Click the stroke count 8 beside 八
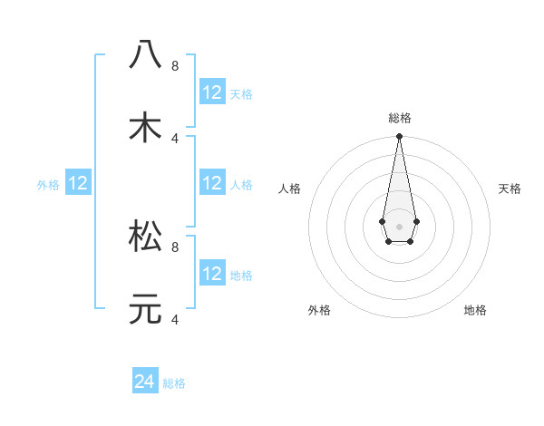point(175,65)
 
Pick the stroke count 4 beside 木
point(175,138)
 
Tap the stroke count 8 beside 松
point(175,246)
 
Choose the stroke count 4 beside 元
point(175,318)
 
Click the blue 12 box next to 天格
point(212,92)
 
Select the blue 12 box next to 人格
point(212,183)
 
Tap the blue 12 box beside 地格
point(212,274)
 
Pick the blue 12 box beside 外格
point(78,183)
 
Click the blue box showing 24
point(145,382)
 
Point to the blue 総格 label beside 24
point(174,383)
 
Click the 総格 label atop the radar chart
point(399,118)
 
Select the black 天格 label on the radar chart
point(510,189)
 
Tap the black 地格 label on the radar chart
point(475,310)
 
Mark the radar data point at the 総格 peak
point(399,137)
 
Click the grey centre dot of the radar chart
point(399,225)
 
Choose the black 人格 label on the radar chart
point(289,189)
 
